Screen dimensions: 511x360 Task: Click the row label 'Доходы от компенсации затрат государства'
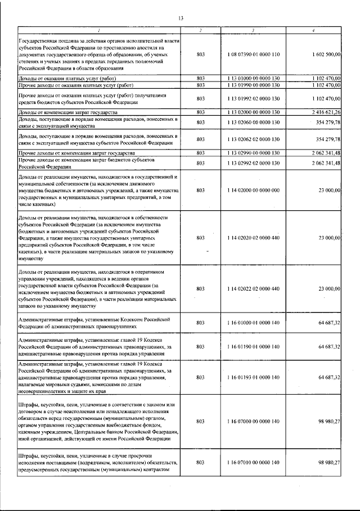[68, 112]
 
